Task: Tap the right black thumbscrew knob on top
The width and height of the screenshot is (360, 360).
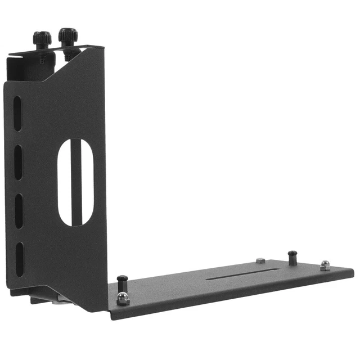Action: click(x=68, y=35)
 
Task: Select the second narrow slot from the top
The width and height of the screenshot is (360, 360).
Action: click(x=18, y=161)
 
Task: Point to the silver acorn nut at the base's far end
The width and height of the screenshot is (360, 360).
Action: click(x=325, y=265)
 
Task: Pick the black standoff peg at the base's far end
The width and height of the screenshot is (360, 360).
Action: click(x=292, y=257)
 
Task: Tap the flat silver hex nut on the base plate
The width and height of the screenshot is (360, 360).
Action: click(x=260, y=260)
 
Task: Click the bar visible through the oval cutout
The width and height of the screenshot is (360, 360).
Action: click(x=76, y=186)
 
